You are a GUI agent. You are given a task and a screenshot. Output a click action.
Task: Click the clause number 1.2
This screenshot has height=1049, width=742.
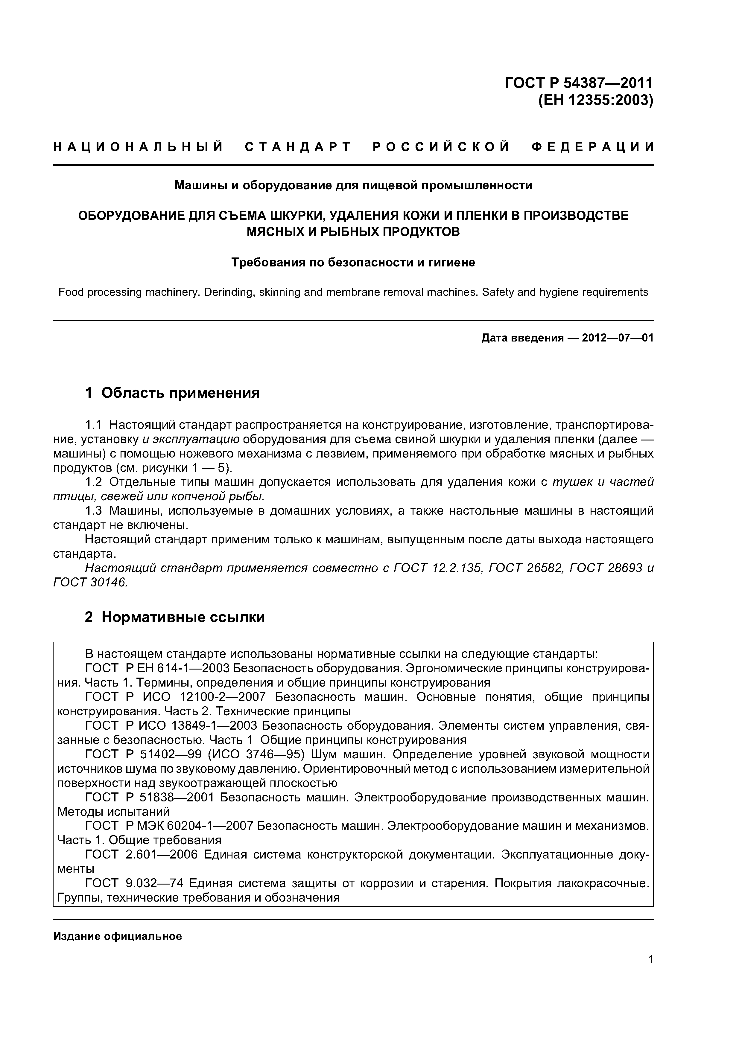(x=93, y=482)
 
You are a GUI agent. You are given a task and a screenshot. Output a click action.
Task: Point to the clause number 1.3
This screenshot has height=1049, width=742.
(x=93, y=510)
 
